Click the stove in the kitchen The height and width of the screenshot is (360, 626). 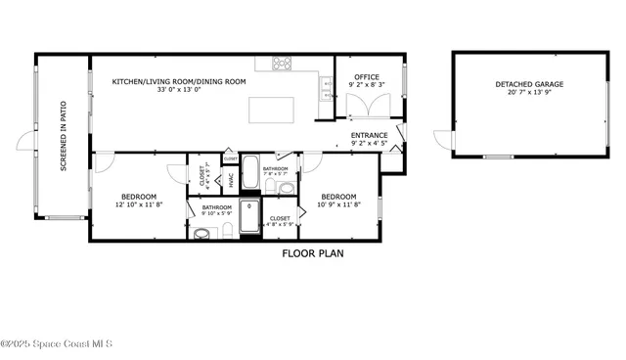[x=282, y=64]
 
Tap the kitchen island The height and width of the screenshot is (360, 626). [x=271, y=110]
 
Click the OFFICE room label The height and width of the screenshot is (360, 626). [x=367, y=77]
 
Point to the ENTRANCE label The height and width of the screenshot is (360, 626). [x=369, y=135]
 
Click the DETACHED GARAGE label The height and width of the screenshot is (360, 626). [x=528, y=85]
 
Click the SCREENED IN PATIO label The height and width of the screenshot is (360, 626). [x=64, y=136]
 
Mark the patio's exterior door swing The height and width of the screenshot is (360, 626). [x=25, y=141]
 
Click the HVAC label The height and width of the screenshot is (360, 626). [x=231, y=180]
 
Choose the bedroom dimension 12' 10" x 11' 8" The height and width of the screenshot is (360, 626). [x=139, y=205]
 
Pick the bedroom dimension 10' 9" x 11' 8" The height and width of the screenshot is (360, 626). [x=338, y=205]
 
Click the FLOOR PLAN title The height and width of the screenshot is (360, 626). [x=313, y=253]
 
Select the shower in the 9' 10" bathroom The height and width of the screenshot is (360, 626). [x=250, y=219]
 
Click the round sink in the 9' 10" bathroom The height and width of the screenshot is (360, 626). [x=201, y=233]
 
